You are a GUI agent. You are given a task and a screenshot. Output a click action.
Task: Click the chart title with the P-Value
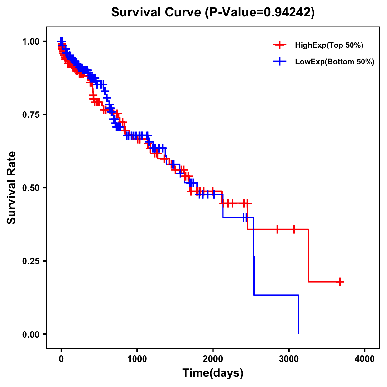[x=213, y=12]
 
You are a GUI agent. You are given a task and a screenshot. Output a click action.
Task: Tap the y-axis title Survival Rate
[x=12, y=187]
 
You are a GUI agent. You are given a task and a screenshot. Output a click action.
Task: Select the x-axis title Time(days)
[x=213, y=373]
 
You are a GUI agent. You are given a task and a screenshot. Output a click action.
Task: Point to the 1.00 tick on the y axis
[x=32, y=41]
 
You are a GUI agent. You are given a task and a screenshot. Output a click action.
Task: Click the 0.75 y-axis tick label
[x=32, y=114]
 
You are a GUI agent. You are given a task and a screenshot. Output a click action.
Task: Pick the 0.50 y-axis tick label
[x=32, y=188]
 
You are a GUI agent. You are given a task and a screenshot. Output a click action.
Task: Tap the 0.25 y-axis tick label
[x=32, y=261]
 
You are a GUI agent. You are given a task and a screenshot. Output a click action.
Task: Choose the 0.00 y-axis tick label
[x=32, y=334]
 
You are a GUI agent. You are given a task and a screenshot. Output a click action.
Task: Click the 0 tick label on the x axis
[x=61, y=359]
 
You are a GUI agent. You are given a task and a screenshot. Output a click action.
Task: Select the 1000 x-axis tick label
[x=137, y=359]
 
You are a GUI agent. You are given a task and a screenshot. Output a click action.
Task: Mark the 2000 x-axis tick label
[x=213, y=359]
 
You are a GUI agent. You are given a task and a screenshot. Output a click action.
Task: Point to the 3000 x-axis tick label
[x=289, y=359]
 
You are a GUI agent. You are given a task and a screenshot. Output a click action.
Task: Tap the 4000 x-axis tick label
[x=365, y=359]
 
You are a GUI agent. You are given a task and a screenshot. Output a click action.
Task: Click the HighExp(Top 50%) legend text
[x=329, y=45]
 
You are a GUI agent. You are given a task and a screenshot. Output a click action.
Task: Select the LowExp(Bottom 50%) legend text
[x=335, y=62]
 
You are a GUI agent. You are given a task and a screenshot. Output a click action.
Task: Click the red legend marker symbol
[x=280, y=45]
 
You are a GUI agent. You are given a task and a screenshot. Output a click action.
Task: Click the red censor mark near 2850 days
[x=277, y=229]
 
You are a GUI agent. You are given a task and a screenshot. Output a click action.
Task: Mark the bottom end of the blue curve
[x=298, y=333]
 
